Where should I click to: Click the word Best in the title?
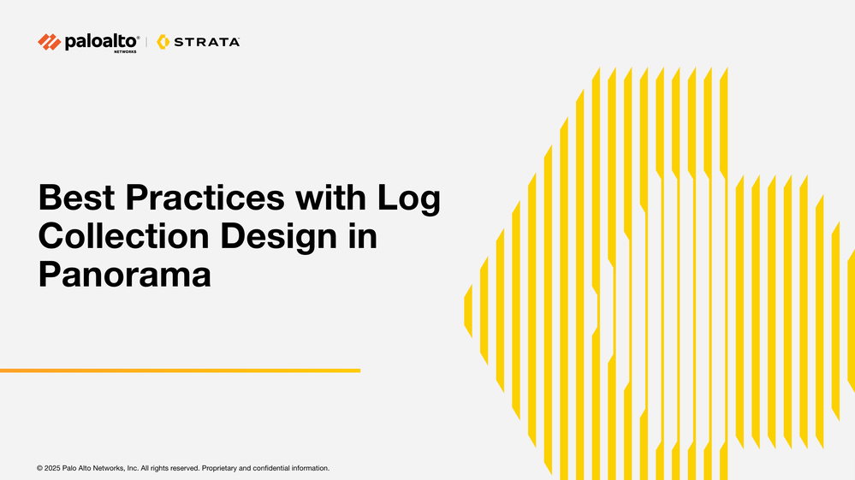point(76,198)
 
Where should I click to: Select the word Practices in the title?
point(205,198)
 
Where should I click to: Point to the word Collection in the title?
point(124,236)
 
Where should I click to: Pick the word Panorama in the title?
point(124,275)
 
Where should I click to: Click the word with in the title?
point(331,198)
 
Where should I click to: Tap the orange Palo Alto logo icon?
point(49,42)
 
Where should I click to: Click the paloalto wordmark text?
point(102,41)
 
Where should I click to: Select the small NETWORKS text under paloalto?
point(126,51)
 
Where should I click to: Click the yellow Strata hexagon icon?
point(163,42)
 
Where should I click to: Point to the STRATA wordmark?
point(206,42)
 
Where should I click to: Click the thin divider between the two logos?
point(146,42)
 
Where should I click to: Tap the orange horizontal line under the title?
point(180,370)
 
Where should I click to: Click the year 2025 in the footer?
point(52,468)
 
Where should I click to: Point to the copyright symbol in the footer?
point(40,468)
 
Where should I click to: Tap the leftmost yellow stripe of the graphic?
point(468,311)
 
